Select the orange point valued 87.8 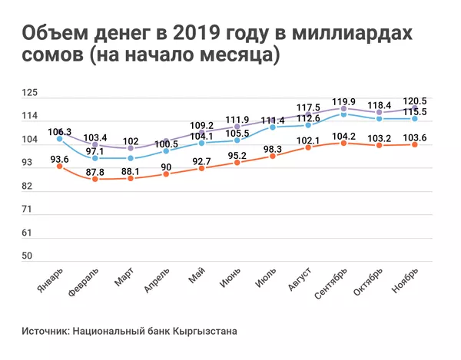click(95, 179)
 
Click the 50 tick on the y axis click(28, 256)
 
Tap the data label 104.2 click(343, 136)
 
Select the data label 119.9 click(343, 101)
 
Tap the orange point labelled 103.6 click(415, 144)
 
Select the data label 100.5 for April click(167, 144)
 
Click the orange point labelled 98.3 click(273, 156)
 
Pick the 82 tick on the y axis click(28, 187)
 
